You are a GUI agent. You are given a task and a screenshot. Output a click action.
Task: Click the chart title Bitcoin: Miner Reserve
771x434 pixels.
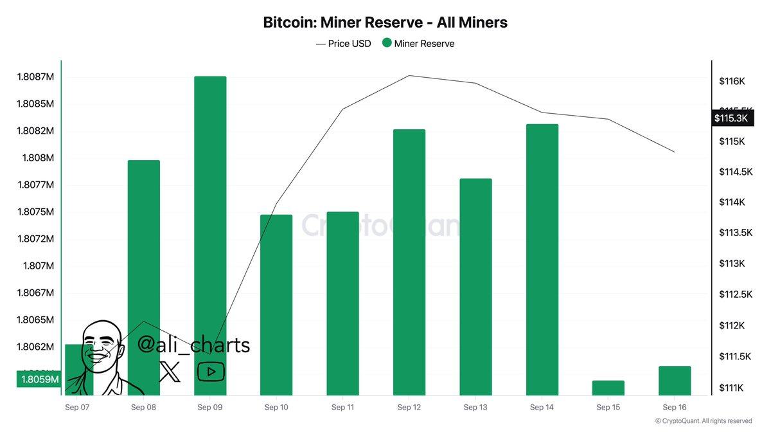coord(385,23)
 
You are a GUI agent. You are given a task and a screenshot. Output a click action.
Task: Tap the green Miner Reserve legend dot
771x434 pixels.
coord(387,43)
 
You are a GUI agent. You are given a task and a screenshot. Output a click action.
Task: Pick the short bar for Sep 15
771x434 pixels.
coord(608,388)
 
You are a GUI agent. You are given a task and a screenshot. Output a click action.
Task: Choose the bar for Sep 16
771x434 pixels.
coord(675,381)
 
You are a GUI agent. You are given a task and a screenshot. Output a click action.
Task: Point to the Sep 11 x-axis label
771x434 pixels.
coord(342,407)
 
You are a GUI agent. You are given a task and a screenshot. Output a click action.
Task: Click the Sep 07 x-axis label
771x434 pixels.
coord(77,407)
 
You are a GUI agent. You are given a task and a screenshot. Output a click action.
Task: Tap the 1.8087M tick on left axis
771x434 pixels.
coord(35,77)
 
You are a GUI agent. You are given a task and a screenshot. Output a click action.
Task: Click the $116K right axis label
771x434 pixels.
coord(732,82)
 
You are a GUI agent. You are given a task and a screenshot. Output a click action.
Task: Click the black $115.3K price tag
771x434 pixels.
coord(731,118)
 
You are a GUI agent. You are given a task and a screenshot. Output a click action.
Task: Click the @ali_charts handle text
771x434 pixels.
coord(193,345)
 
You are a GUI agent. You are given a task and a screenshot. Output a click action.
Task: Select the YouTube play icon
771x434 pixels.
coord(210,371)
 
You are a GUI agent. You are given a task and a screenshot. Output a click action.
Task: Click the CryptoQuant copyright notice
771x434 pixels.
coord(703,421)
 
